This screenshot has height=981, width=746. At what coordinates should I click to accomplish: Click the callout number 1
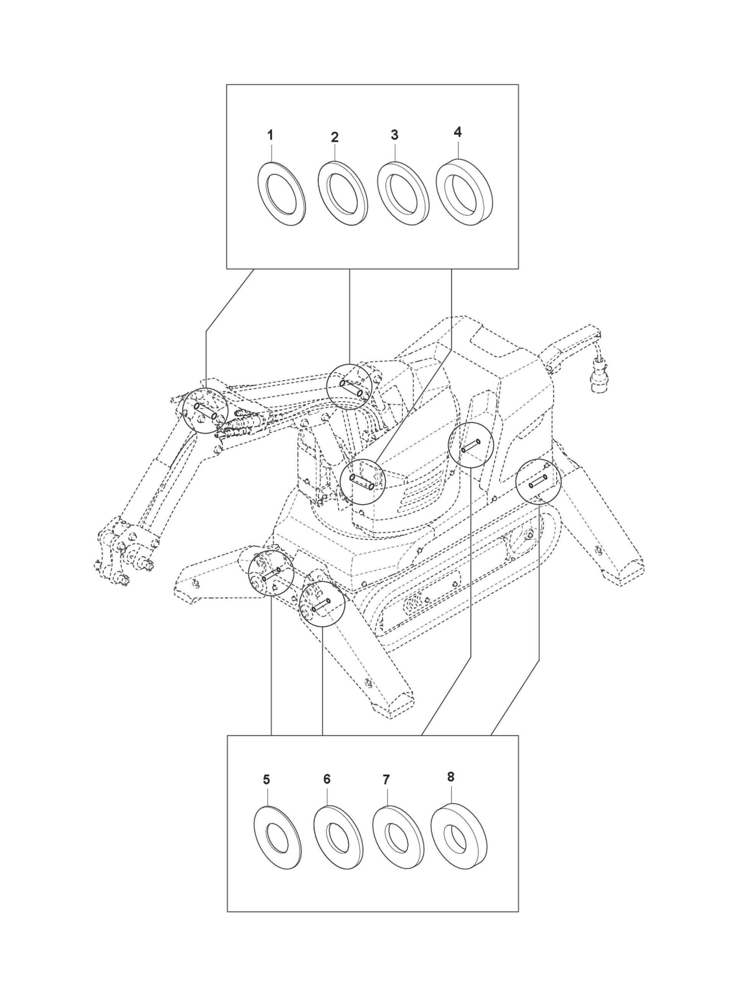pos(270,135)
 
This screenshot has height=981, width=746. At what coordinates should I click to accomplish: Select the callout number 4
pos(458,132)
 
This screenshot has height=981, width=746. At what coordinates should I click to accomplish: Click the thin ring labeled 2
pos(342,194)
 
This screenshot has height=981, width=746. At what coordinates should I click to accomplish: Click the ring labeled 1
pos(281,194)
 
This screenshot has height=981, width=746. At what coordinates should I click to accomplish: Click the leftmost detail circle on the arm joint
pos(205,410)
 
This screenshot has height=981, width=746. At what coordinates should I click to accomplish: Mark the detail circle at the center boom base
pos(362,482)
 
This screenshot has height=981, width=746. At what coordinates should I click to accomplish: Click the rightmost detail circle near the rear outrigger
pos(538,481)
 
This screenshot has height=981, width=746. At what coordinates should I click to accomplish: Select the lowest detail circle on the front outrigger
pos(322,604)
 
